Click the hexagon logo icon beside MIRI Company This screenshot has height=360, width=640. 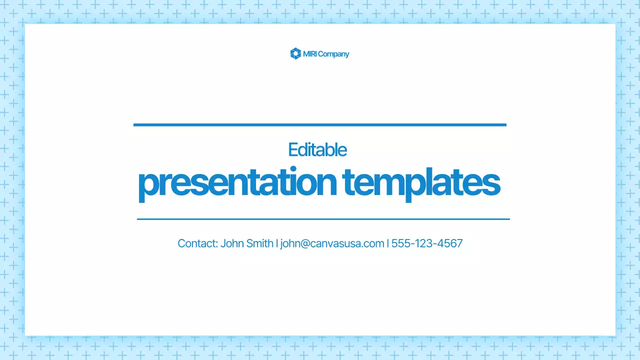[295, 53]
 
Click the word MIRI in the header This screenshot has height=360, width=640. [309, 54]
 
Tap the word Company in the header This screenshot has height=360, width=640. [333, 54]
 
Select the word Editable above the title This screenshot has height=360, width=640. [317, 149]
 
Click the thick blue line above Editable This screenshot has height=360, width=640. [320, 125]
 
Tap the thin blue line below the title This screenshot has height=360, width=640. [323, 219]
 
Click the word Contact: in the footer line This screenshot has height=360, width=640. [197, 243]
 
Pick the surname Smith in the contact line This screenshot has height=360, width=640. [260, 243]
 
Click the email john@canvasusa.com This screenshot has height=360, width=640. [332, 243]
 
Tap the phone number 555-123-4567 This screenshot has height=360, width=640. [427, 243]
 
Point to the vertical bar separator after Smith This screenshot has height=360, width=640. [277, 243]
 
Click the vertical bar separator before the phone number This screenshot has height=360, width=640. [388, 243]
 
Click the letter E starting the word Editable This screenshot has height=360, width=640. [292, 149]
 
